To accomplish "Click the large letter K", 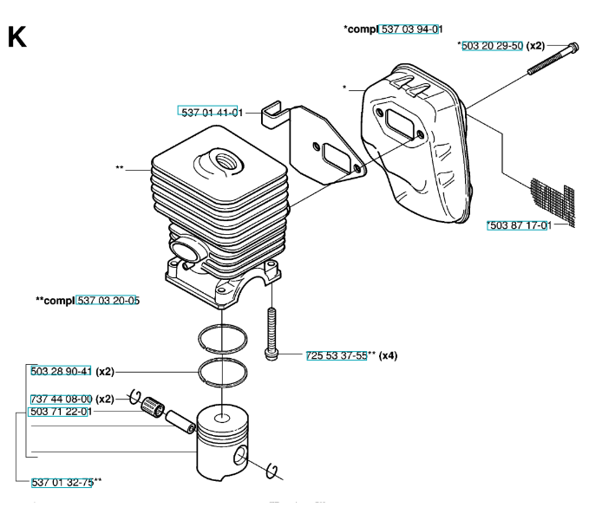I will tap(16, 38).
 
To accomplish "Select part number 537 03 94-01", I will tap(412, 29).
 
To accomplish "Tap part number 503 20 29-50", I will tap(492, 46).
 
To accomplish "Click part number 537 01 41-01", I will tap(211, 111).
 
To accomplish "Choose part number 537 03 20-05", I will tap(108, 301).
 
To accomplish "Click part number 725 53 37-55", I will tap(337, 355).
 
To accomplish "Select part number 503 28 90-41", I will tap(61, 371).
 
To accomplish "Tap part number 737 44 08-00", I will tap(61, 399).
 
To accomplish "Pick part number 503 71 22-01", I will tap(61, 412).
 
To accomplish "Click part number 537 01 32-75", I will tap(62, 483).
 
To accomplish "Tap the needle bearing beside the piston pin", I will tap(157, 405).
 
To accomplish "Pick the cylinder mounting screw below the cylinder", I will tap(272, 334).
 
